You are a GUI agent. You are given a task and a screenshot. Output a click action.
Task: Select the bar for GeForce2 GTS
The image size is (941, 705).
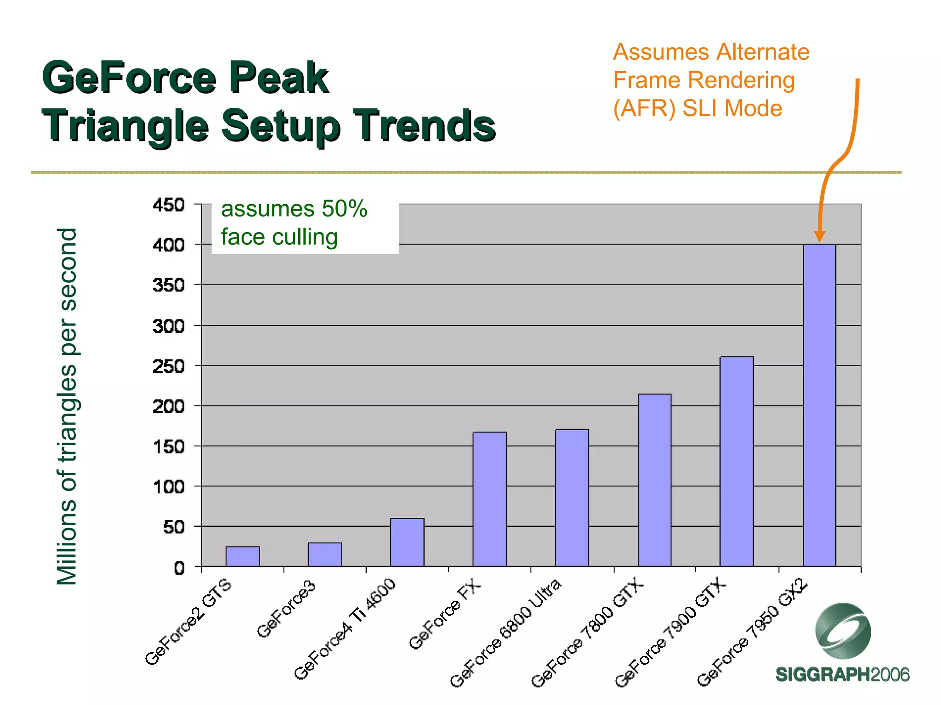pyautogui.click(x=243, y=556)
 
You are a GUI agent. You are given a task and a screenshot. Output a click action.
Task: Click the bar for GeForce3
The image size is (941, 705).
pyautogui.click(x=325, y=554)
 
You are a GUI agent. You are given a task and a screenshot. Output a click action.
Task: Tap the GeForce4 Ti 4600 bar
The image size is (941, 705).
pyautogui.click(x=407, y=542)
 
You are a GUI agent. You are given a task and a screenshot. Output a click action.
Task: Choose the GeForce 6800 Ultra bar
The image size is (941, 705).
pyautogui.click(x=572, y=498)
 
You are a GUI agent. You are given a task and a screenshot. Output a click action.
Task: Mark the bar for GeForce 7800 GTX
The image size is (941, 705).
pyautogui.click(x=655, y=480)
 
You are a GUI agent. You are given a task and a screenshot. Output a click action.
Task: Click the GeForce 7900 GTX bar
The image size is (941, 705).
pyautogui.click(x=737, y=461)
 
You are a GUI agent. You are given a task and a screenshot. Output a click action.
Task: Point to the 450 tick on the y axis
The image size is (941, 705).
pyautogui.click(x=169, y=205)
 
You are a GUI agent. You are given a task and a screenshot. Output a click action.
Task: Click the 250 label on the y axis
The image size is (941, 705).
pyautogui.click(x=169, y=366)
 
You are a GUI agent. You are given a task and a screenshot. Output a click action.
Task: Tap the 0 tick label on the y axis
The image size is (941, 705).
pyautogui.click(x=179, y=568)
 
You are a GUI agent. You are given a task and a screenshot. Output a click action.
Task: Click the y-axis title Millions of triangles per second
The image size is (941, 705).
pyautogui.click(x=67, y=406)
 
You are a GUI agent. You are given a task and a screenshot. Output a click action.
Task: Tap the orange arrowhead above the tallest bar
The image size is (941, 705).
pyautogui.click(x=819, y=236)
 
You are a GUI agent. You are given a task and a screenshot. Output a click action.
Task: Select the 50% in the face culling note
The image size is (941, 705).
pyautogui.click(x=345, y=209)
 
